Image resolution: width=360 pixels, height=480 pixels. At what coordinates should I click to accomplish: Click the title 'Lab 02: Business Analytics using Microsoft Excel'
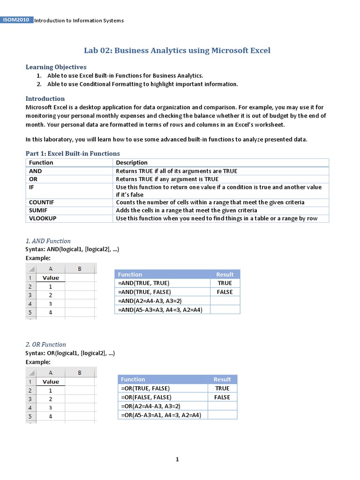coord(177,50)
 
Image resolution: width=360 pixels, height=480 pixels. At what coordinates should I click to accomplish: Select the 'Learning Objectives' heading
coord(56,67)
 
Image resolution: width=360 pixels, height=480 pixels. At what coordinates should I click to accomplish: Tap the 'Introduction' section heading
coord(45,98)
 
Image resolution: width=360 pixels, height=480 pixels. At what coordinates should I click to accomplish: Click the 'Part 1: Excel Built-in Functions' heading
coord(73,153)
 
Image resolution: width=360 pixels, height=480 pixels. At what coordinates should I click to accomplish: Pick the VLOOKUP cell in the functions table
coord(43,218)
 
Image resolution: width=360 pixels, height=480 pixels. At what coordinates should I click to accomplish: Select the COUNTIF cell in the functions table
coord(42,202)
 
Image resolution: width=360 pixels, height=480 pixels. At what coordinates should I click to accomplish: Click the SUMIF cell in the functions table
coord(39,210)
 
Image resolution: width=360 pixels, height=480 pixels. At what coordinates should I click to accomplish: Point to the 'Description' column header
coord(132,163)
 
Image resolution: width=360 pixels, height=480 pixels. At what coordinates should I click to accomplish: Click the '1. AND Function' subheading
coord(48,241)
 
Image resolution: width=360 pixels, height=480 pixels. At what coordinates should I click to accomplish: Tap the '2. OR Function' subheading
coord(45,344)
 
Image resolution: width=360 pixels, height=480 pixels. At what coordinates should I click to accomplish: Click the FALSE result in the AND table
coord(225,292)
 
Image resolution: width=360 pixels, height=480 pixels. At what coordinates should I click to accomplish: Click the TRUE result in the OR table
coord(222,388)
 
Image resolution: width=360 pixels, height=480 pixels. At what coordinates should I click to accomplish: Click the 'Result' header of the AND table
coord(225,274)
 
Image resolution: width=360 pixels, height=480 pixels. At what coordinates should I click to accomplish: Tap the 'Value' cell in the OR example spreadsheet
coord(51,382)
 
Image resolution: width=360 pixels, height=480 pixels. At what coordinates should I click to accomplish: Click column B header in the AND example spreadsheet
coord(80,269)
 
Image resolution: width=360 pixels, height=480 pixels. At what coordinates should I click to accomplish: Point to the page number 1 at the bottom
coord(177,459)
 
